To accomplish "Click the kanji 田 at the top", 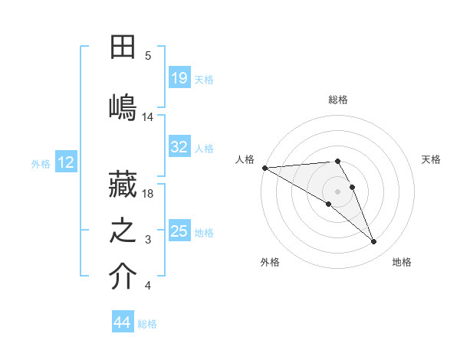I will pos(123,47).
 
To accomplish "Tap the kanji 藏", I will pos(123,184).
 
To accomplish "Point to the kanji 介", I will pos(123,277).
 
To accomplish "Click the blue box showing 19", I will pos(179,78).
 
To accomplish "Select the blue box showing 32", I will pos(179,148).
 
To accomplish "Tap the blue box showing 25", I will pos(179,231).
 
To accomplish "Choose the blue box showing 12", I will pos(66,162).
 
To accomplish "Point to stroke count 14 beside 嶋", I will pos(148,117).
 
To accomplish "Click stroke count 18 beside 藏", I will pos(148,194).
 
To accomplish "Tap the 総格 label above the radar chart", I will pos(338,100).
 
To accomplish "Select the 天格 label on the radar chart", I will pos(432,159).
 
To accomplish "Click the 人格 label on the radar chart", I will pos(245,159).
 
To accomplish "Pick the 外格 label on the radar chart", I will pos(270,262).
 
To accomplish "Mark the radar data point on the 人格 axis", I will pos(264,168).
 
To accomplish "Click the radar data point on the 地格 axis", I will pos(374,242).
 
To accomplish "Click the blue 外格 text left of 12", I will pos(40,163).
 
